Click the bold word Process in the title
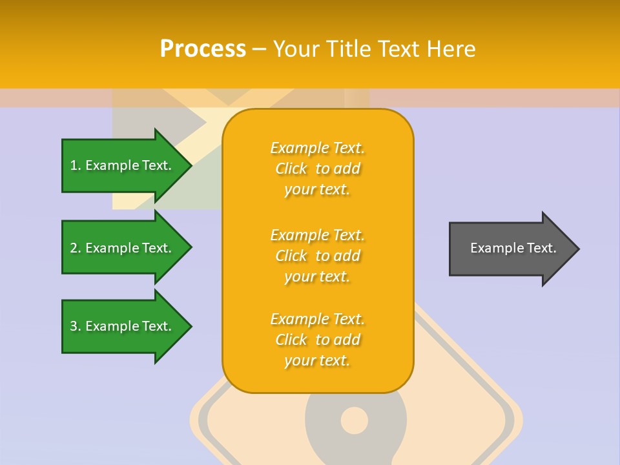tap(203, 49)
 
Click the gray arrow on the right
tap(510, 249)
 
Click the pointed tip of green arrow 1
tap(189, 165)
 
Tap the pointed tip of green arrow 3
tap(189, 326)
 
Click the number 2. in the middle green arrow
tap(75, 248)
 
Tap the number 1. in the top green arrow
tap(75, 165)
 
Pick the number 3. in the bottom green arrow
tap(75, 326)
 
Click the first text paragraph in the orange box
tap(317, 169)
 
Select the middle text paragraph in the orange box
tap(317, 256)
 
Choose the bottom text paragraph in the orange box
tap(317, 340)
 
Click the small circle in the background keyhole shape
tap(354, 420)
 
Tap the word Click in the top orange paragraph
tap(291, 169)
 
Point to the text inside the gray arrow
tap(513, 248)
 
